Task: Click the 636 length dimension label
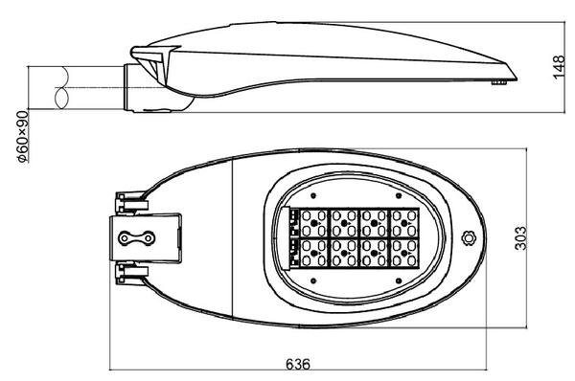pyautogui.click(x=298, y=364)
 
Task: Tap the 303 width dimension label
pyautogui.click(x=520, y=238)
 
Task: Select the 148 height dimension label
pyautogui.click(x=559, y=67)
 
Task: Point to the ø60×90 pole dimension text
pyautogui.click(x=23, y=137)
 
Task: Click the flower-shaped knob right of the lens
pyautogui.click(x=468, y=238)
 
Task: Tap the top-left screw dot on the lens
pyautogui.click(x=313, y=196)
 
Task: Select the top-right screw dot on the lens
pyautogui.click(x=399, y=196)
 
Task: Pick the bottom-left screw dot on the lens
pyautogui.click(x=313, y=281)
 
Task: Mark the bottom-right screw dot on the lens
pyautogui.click(x=399, y=281)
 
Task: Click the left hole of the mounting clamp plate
pyautogui.click(x=125, y=238)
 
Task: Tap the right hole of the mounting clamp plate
pyautogui.click(x=149, y=238)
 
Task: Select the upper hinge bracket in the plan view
pyautogui.click(x=131, y=203)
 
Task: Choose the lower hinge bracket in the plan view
pyautogui.click(x=131, y=275)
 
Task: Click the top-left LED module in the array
pyautogui.click(x=314, y=223)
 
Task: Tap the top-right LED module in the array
pyautogui.click(x=404, y=223)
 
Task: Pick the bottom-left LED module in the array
pyautogui.click(x=314, y=253)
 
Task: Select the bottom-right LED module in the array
pyautogui.click(x=404, y=253)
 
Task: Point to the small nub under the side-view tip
pyautogui.click(x=498, y=82)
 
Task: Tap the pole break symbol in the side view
pyautogui.click(x=61, y=87)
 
